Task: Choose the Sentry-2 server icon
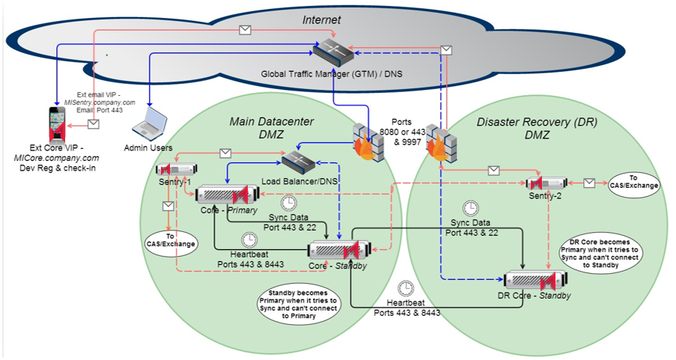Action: (x=544, y=183)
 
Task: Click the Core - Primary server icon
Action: (x=222, y=195)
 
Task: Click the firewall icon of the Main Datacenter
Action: (x=368, y=142)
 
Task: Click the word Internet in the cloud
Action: (x=321, y=20)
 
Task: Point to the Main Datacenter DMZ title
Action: (x=271, y=128)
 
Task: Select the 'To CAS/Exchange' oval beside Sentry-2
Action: (x=632, y=182)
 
